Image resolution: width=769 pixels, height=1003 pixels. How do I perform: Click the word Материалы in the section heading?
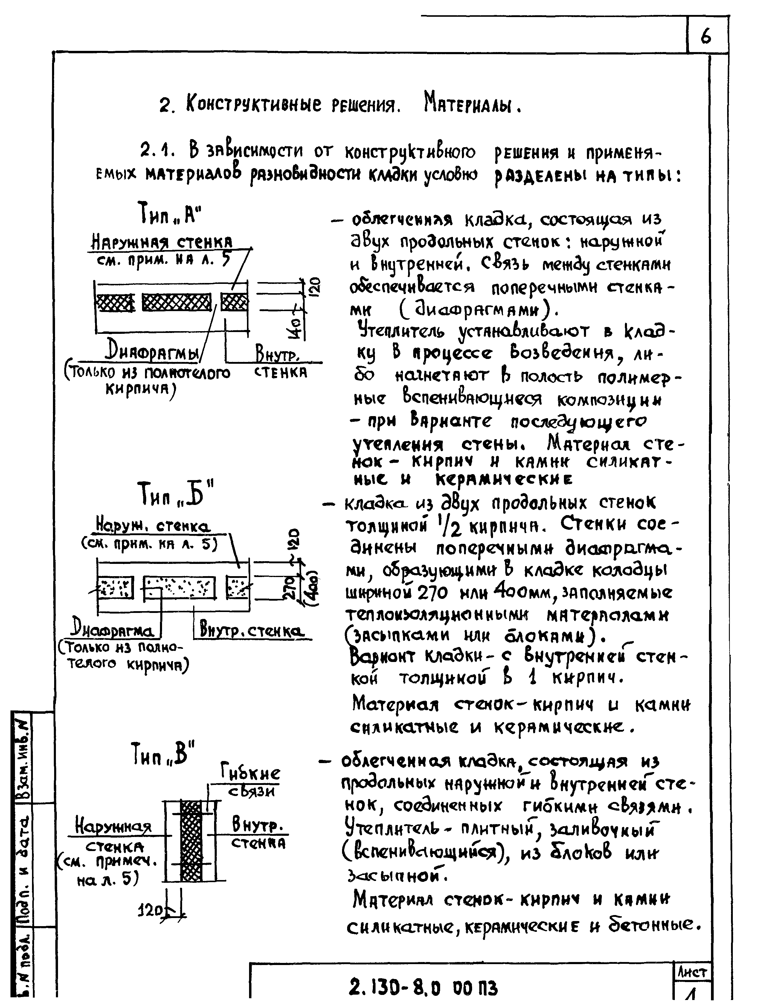(x=472, y=104)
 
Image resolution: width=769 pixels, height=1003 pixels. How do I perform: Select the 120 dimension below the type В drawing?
(x=150, y=911)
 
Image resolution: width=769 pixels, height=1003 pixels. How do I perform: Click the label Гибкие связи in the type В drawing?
(x=250, y=780)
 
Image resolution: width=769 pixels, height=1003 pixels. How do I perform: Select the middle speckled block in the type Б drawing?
(x=179, y=588)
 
